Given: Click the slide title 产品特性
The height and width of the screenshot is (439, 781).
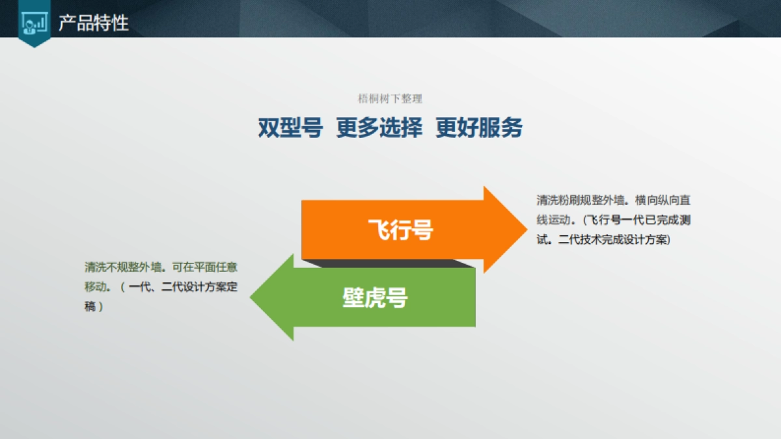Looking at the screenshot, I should pos(94,23).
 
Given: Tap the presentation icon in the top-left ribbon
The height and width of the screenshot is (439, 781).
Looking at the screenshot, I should pos(34,23).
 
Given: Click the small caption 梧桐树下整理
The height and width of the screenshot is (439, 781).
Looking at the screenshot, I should pos(390,99).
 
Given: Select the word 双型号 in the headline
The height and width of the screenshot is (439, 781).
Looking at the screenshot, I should pos(290,128).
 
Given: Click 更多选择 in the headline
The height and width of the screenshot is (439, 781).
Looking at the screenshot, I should pos(379,128).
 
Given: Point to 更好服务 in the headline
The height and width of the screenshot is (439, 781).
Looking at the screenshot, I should pos(479,128).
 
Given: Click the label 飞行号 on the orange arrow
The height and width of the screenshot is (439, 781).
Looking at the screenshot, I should pos(400,230).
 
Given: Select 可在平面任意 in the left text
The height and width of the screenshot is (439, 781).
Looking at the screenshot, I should pos(208,267).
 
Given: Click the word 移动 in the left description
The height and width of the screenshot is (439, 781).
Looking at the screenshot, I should pos(95,287).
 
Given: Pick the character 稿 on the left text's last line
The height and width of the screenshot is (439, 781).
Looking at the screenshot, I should pos(90,306).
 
